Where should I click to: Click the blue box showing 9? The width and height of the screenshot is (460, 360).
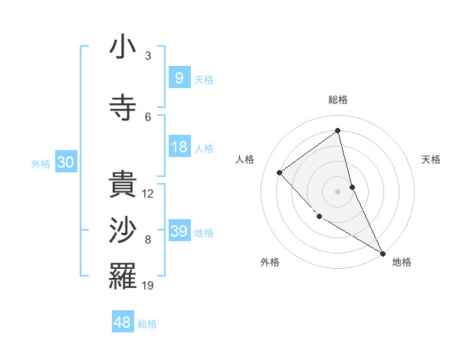(x=179, y=78)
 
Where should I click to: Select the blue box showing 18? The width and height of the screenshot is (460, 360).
(x=179, y=147)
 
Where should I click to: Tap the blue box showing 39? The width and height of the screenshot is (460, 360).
(x=179, y=231)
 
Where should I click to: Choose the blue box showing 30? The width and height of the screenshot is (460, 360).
(x=65, y=162)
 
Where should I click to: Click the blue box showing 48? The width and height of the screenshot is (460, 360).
(x=123, y=322)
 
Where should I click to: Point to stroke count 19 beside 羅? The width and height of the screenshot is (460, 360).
(x=149, y=286)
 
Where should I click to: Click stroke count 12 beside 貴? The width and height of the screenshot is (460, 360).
(x=148, y=194)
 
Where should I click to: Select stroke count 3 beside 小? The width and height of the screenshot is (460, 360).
(x=148, y=56)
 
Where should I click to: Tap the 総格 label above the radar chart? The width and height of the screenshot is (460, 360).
(x=338, y=100)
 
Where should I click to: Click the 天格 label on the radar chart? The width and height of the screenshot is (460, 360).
(x=432, y=159)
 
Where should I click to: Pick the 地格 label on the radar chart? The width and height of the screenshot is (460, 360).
(x=402, y=262)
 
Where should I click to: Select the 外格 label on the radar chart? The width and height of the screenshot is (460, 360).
(x=270, y=262)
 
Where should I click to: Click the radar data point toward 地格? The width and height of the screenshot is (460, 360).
(x=383, y=253)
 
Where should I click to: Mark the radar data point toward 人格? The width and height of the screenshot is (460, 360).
(x=280, y=172)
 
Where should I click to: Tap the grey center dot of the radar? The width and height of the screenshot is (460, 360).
(x=338, y=191)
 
